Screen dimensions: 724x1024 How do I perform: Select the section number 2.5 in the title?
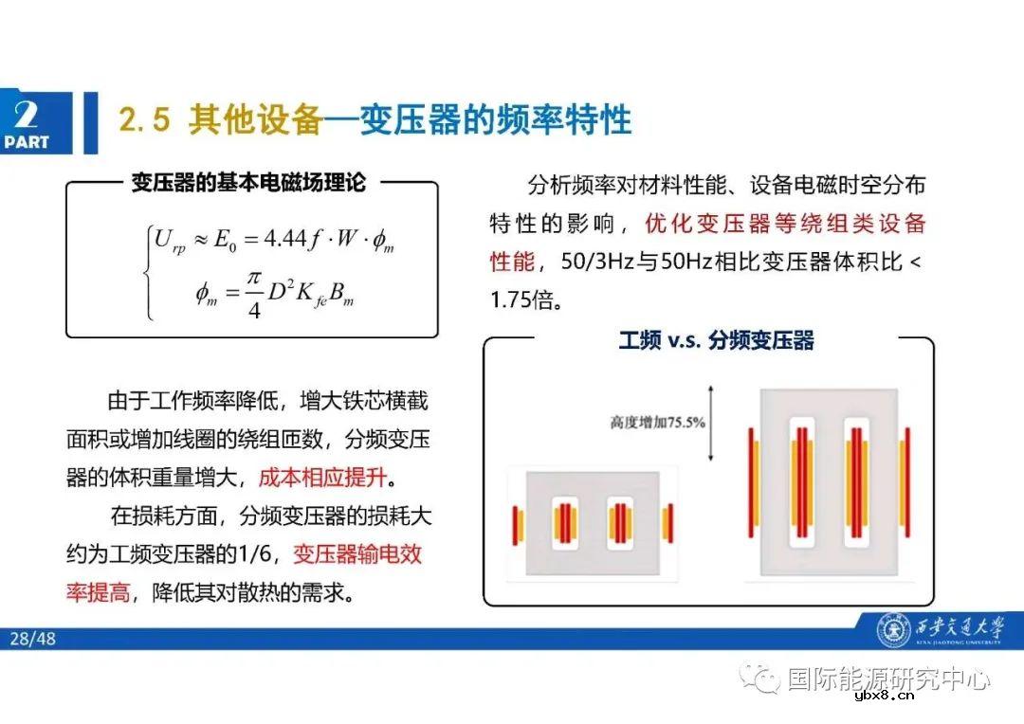[144, 120]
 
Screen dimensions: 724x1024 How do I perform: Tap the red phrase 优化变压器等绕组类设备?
[784, 224]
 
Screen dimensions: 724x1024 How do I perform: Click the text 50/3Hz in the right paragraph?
[594, 262]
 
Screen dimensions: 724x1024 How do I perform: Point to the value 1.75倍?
[527, 300]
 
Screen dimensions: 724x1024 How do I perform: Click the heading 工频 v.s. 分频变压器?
[716, 340]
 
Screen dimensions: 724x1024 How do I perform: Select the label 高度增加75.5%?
[657, 423]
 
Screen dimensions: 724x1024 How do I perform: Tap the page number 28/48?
[33, 639]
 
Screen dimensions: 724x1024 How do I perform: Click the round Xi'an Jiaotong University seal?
[892, 630]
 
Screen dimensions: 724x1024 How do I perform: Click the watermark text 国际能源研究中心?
[888, 679]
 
